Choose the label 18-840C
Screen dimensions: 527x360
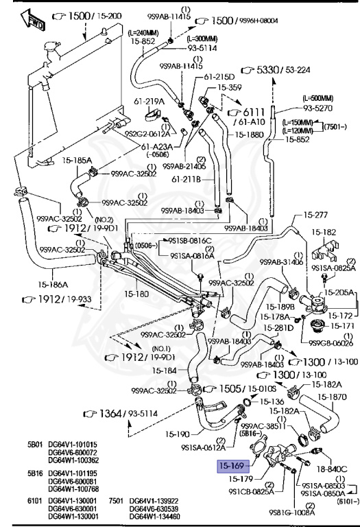tap(332, 469)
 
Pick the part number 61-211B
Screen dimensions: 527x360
tap(185, 180)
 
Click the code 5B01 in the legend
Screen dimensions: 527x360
tap(36, 444)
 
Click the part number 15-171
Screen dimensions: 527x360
tap(341, 326)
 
